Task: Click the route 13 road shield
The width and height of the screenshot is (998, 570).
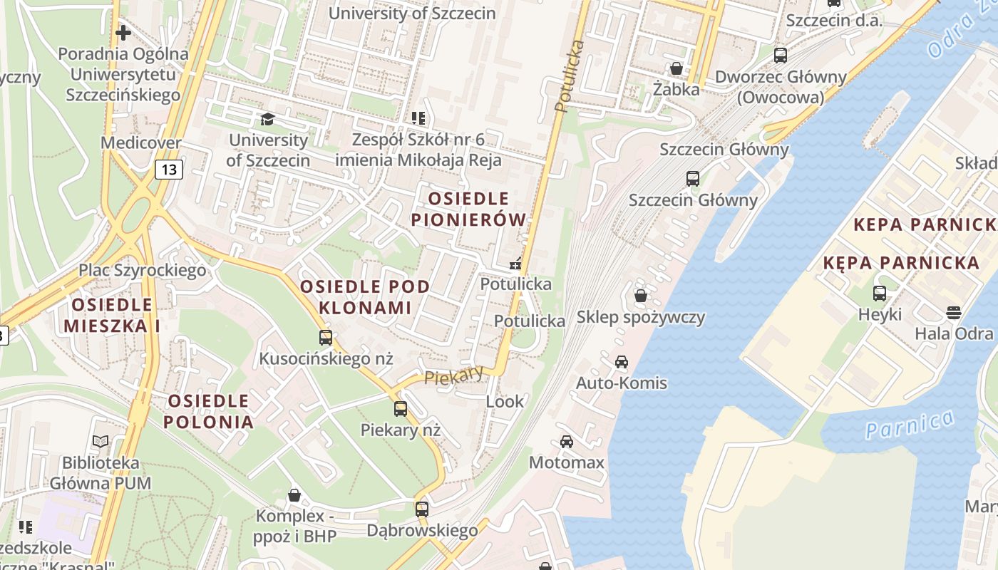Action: coord(168,169)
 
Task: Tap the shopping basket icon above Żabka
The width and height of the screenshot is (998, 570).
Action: coord(676,68)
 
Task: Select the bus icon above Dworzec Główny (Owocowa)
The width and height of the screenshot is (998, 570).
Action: coord(781,55)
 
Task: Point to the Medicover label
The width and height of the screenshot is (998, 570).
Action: coord(140,142)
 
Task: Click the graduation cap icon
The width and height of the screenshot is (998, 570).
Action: coord(267,118)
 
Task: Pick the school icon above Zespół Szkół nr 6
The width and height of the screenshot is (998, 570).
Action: coord(418,118)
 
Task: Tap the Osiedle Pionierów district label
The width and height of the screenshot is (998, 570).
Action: coord(469,209)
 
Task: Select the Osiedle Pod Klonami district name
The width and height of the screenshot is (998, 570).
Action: coord(365,297)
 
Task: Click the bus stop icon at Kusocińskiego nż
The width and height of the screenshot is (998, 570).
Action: coord(326,338)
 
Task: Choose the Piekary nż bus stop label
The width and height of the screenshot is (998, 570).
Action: coord(400,430)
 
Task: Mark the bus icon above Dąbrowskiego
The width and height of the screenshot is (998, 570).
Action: coord(422,509)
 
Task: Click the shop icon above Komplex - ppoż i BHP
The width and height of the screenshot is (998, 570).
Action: coord(294,494)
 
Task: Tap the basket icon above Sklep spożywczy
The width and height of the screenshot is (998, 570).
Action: coord(641,295)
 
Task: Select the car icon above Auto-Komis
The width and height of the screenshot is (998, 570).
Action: coord(622,362)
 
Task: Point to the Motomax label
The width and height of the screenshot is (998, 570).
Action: coord(566,462)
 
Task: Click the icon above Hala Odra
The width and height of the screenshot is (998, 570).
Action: coord(954,313)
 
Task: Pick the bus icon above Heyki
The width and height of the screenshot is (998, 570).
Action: coord(880,293)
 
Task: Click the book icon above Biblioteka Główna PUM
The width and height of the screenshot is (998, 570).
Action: coord(101,442)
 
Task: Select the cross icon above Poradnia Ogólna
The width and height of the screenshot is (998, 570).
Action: coord(123,33)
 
